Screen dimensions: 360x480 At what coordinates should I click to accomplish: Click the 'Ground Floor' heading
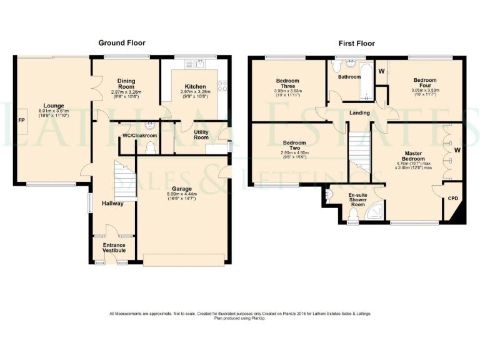122,43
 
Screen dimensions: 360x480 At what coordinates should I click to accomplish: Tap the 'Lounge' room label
53,106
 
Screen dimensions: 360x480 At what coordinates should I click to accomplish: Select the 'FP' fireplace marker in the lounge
21,119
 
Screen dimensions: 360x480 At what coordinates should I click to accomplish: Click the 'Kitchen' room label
195,87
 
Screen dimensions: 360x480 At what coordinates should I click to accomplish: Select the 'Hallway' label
112,203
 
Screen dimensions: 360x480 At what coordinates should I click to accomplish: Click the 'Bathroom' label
349,77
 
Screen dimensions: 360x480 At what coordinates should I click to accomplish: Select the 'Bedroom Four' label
424,83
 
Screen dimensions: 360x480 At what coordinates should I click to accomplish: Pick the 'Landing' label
359,113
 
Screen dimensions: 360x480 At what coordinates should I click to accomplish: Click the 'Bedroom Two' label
294,146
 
